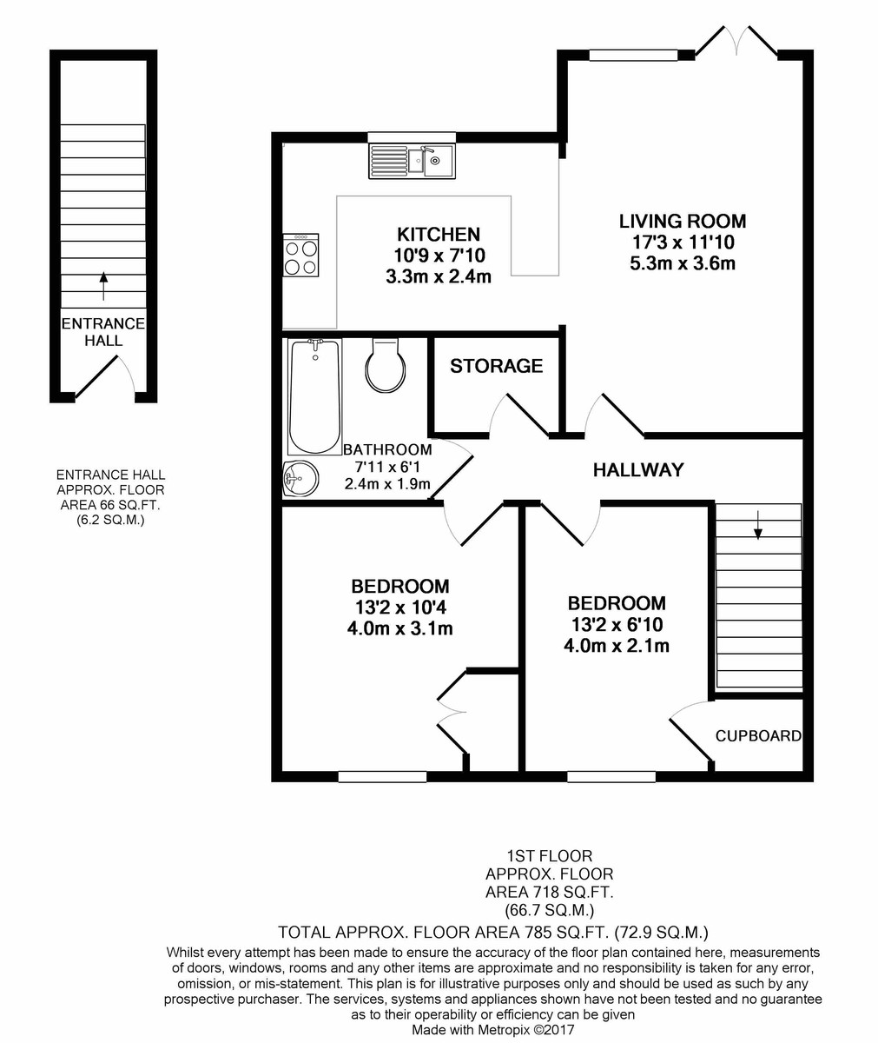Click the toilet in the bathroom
tap(386, 365)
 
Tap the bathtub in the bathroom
tap(314, 396)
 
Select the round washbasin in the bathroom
tap(300, 479)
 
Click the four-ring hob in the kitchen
tap(301, 255)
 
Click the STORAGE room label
tap(496, 366)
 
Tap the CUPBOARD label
tap(758, 736)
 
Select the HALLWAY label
tap(638, 469)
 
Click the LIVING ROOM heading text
tap(683, 221)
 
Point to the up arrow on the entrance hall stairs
tap(103, 286)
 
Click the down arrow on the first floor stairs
tap(757, 525)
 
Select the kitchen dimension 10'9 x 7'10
tap(439, 256)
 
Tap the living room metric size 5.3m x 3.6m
tap(683, 263)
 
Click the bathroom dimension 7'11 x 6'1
tap(387, 467)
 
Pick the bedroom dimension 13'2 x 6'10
tap(617, 624)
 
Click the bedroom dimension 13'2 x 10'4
tap(400, 608)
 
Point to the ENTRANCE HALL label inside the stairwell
tap(103, 332)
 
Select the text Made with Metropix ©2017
tap(493, 1029)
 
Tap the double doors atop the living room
tap(736, 41)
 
